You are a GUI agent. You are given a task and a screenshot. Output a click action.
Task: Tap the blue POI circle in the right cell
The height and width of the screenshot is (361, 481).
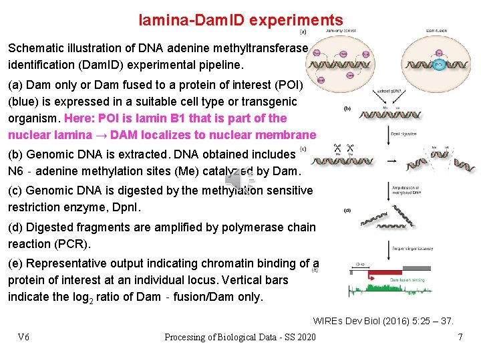point(439,65)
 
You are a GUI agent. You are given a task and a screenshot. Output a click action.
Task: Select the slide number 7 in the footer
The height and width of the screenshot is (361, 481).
point(460,337)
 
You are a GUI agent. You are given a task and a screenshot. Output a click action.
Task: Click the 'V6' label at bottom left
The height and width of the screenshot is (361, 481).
point(23,337)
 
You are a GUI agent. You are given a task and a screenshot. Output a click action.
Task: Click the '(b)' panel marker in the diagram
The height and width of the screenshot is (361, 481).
point(347,108)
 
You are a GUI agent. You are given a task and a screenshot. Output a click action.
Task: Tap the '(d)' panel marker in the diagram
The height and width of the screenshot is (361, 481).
point(347,210)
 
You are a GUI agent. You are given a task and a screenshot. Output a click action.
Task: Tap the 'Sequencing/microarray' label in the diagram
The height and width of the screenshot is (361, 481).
point(413,249)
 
